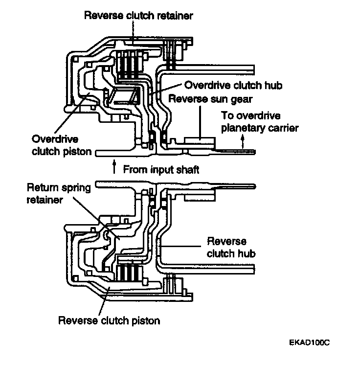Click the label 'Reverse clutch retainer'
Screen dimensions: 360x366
(x=138, y=16)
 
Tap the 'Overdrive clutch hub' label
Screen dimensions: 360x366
(x=233, y=85)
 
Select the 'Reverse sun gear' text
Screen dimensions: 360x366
(x=210, y=99)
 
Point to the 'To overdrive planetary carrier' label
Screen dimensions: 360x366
(x=260, y=122)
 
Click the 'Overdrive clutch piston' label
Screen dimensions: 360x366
(x=62, y=145)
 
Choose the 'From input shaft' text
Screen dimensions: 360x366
(x=161, y=169)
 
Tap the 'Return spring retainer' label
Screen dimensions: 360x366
(x=59, y=194)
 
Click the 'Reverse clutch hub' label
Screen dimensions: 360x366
(x=231, y=248)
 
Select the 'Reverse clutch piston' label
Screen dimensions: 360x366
(x=109, y=320)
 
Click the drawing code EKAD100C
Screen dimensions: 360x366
(x=309, y=343)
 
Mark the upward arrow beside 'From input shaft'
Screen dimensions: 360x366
(x=114, y=166)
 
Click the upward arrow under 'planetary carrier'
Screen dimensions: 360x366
(x=243, y=141)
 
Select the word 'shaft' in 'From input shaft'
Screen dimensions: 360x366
(x=188, y=169)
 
